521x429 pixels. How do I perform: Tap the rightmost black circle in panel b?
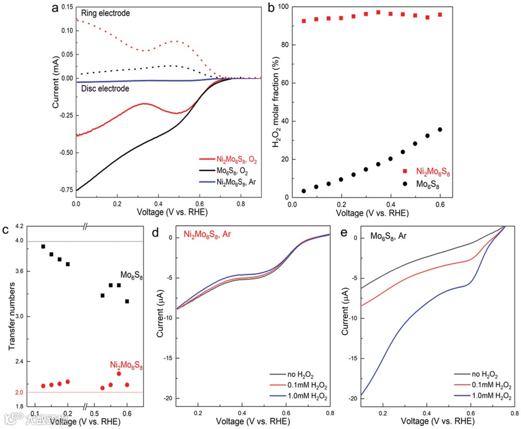click(x=440, y=129)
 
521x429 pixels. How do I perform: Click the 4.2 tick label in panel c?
click(x=20, y=226)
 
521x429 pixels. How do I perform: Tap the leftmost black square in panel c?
click(x=43, y=247)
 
